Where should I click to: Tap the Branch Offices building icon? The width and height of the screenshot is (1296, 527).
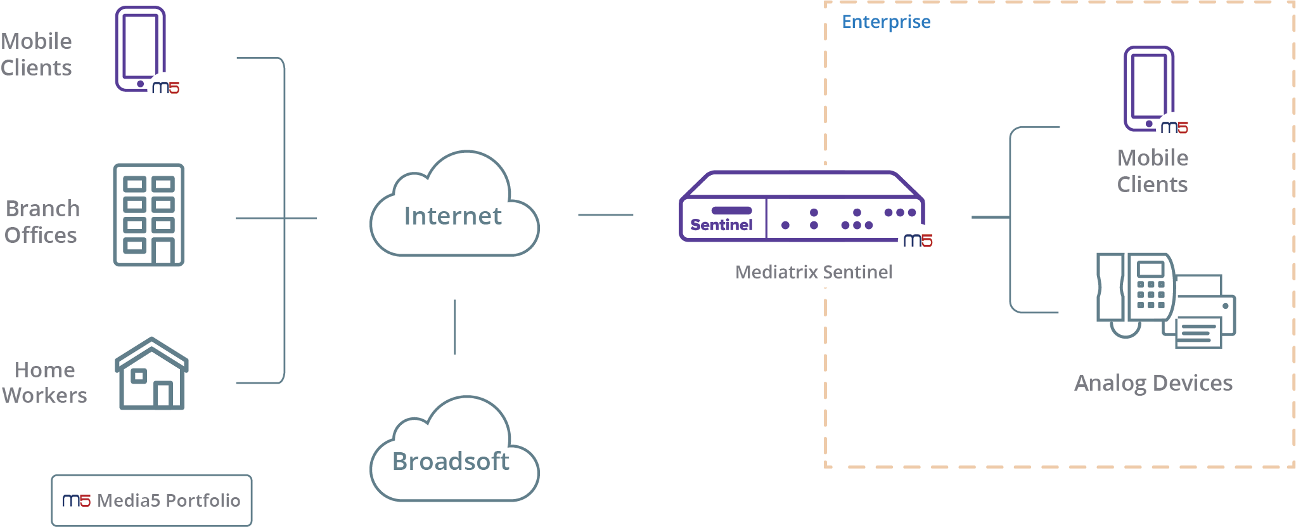[149, 215]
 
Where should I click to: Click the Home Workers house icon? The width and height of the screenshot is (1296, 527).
[151, 374]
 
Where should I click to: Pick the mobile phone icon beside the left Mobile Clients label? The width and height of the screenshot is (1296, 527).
[141, 49]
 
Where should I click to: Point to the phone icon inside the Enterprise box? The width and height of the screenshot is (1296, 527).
[1149, 89]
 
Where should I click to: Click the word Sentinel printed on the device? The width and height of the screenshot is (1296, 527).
[721, 225]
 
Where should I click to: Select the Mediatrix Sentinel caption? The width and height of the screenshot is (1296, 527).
[814, 272]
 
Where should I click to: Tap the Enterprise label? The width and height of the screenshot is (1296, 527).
[886, 22]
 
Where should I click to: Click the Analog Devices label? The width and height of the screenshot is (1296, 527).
[1153, 383]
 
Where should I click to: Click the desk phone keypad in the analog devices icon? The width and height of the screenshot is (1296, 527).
[1151, 294]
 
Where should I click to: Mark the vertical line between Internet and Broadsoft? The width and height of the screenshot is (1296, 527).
[454, 327]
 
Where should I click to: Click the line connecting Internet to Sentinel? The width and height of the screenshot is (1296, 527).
[605, 215]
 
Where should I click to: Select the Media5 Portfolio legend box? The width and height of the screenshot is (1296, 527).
[151, 500]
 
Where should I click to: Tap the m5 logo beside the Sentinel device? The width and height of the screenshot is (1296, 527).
[918, 240]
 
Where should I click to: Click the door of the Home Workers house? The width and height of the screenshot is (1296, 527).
[163, 394]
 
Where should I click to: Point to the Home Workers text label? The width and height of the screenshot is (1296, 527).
[44, 382]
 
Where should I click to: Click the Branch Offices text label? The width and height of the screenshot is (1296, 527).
[42, 222]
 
